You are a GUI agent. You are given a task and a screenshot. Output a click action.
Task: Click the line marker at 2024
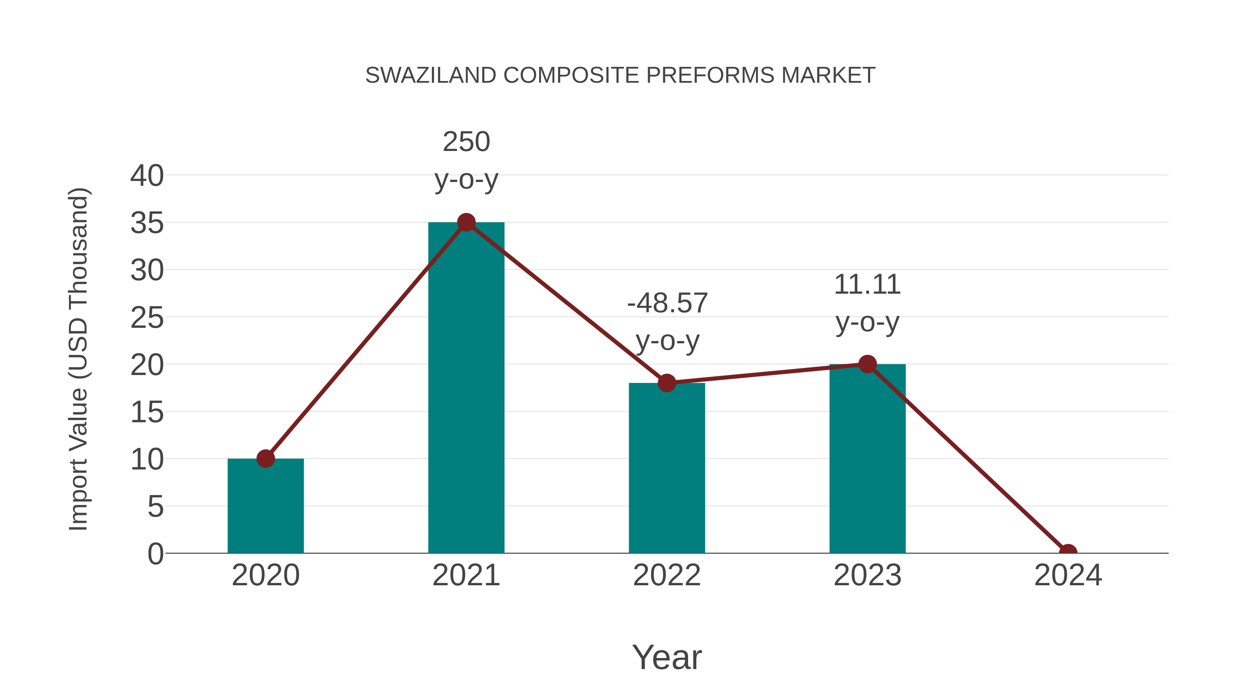(1068, 552)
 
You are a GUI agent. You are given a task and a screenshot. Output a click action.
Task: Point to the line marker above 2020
(265, 458)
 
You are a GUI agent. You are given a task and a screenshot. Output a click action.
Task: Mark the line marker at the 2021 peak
(466, 223)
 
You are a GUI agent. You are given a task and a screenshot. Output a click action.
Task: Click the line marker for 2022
(667, 383)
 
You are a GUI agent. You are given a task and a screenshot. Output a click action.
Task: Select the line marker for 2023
(867, 364)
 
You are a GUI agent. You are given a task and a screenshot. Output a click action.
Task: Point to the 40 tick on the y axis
(147, 176)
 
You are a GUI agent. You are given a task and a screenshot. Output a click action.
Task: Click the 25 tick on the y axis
(147, 318)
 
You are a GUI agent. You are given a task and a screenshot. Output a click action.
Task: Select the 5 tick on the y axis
(155, 507)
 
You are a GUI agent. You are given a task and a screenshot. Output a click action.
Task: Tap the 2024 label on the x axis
(1068, 575)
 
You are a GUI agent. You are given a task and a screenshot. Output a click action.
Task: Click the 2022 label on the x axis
(667, 575)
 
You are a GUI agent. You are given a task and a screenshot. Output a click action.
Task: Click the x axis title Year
(667, 657)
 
